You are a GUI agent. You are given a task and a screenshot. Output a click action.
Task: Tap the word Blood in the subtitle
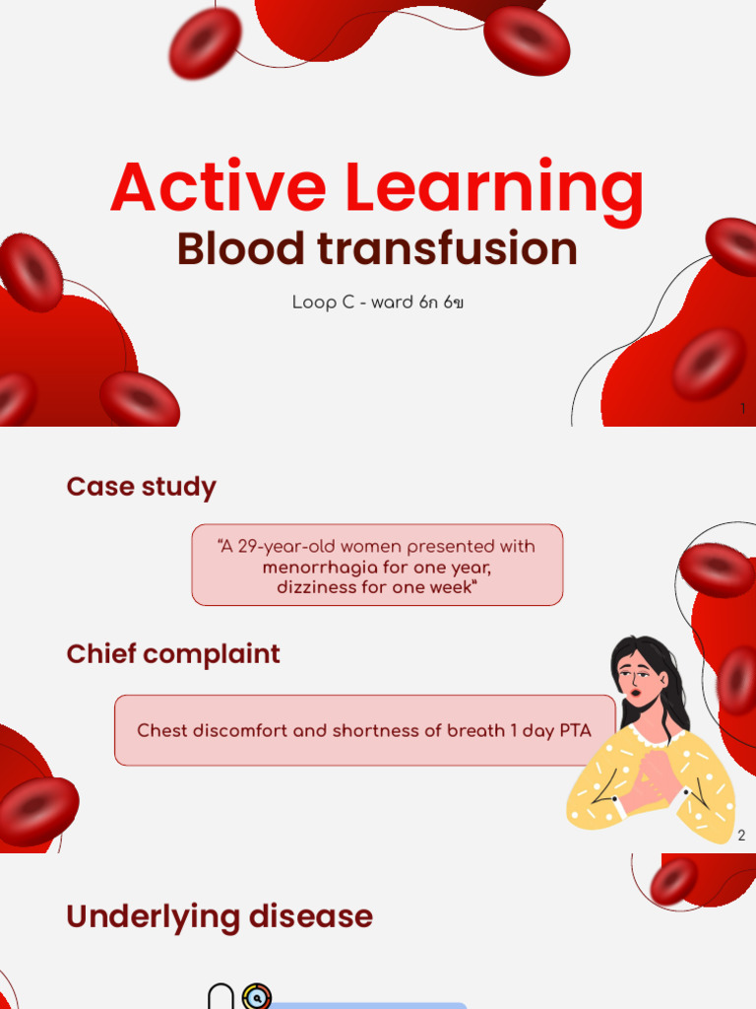coord(240,249)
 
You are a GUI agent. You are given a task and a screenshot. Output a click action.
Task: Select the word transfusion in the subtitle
coord(447,249)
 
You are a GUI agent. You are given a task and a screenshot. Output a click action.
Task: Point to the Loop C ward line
coord(377,303)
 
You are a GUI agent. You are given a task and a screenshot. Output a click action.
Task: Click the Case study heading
coord(141,487)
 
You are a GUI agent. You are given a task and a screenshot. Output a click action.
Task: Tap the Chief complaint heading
coord(173,654)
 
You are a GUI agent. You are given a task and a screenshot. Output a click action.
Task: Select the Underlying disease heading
coord(220,916)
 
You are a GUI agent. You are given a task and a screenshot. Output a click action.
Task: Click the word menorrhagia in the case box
coord(318,568)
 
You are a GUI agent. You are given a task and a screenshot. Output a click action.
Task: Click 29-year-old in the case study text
coord(285,547)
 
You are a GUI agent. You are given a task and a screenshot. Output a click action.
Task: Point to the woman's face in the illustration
coord(636,679)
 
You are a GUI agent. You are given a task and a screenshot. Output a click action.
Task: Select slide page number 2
coord(741,836)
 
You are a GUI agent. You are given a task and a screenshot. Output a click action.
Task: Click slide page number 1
coord(742,408)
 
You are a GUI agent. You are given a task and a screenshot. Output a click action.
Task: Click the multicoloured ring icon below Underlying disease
coord(256,996)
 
